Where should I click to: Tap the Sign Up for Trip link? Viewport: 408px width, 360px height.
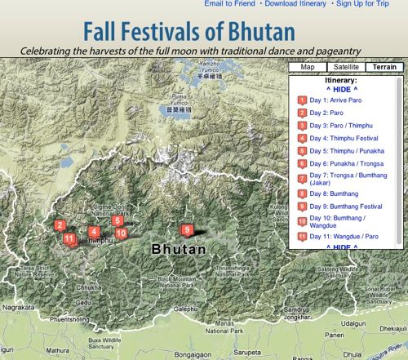click(x=367, y=5)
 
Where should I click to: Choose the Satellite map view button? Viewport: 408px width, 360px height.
click(x=344, y=67)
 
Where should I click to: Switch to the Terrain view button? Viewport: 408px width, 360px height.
click(x=382, y=67)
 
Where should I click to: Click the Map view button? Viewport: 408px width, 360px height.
click(x=308, y=67)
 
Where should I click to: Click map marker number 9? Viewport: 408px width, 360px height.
click(x=187, y=230)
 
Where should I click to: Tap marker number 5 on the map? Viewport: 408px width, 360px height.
click(x=118, y=220)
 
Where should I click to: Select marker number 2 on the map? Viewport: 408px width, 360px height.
click(x=60, y=224)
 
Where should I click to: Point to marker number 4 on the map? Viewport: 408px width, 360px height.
click(x=94, y=231)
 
